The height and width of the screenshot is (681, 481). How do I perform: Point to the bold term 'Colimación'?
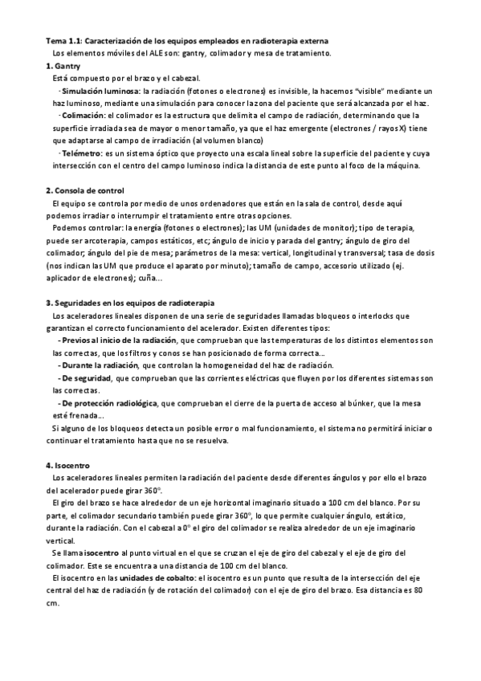coord(83,116)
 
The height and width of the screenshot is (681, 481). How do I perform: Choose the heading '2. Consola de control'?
coord(85,190)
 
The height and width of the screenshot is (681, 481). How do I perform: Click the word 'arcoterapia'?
coord(110,240)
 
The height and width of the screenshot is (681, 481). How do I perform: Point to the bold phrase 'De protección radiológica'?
coord(109,402)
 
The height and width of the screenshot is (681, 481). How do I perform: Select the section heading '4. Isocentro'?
coord(68,465)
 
